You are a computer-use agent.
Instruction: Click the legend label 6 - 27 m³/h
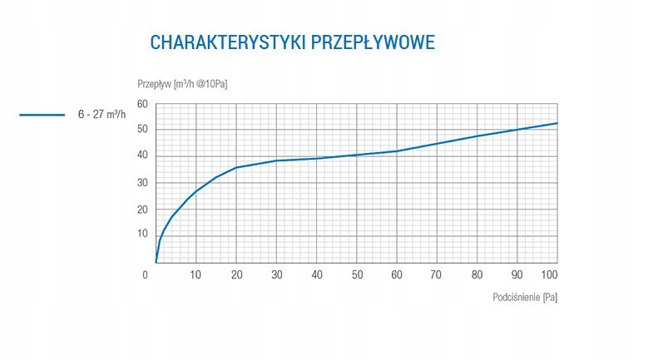pos(102,115)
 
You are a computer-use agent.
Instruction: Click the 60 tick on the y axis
pos(142,104)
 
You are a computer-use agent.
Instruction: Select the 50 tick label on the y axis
pos(142,130)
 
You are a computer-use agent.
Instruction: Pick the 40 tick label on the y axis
pos(142,155)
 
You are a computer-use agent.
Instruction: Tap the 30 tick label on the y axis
pos(142,182)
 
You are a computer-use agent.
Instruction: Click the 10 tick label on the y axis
pos(142,234)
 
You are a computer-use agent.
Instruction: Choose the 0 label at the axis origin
pos(146,274)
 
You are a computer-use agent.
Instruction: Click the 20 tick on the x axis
pos(236,274)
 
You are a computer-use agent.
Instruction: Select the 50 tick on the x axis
pos(357,274)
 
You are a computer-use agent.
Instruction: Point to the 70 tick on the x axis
pos(437,274)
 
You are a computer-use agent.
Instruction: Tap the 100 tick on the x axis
pos(549,274)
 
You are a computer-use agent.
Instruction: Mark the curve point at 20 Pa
pos(236,168)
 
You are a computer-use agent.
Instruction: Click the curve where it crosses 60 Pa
pos(397,151)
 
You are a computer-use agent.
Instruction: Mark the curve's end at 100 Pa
pos(557,123)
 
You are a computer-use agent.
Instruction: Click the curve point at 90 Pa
pos(517,130)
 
